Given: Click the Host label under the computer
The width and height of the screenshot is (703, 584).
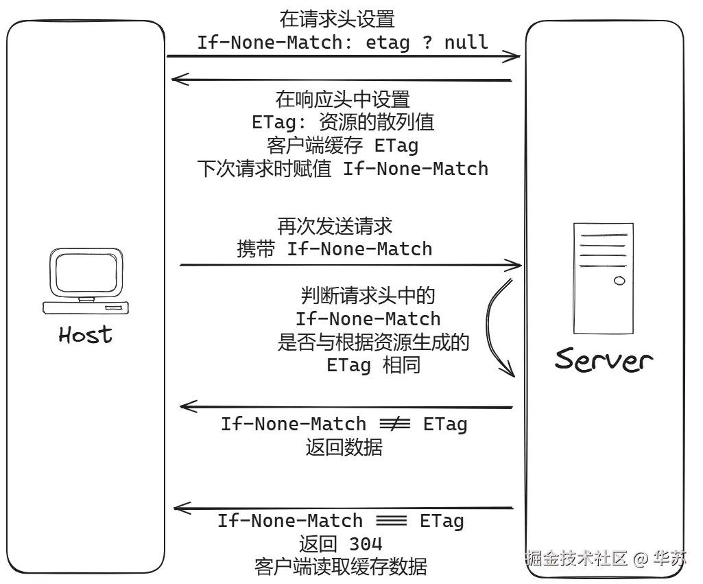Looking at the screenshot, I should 85,335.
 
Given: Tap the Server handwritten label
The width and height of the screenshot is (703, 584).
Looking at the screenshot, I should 604,359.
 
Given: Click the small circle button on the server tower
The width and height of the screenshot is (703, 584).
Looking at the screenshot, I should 619,280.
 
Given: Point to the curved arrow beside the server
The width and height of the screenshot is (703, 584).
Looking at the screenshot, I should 499,327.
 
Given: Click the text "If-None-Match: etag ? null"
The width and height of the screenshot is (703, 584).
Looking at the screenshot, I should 342,42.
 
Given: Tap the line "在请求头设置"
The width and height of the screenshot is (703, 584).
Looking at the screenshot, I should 337,19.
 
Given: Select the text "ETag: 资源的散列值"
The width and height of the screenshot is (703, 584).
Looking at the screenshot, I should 342,122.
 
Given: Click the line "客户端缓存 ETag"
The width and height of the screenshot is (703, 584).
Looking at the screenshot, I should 342,145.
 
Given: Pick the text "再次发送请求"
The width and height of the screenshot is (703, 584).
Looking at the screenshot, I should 335,225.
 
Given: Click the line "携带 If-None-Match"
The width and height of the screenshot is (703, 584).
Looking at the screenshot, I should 335,248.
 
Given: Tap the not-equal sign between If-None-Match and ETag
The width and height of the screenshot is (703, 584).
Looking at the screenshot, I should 394,425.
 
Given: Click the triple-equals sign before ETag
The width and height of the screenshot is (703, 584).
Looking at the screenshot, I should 392,521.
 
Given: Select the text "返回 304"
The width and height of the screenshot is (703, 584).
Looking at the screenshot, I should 340,544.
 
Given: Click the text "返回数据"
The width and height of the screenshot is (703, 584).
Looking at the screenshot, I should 344,447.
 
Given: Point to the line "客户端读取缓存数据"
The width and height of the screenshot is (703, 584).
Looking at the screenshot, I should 340,567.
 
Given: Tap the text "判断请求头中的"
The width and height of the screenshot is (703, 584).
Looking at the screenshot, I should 368,296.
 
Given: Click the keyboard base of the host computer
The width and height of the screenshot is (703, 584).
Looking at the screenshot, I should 86,307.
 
